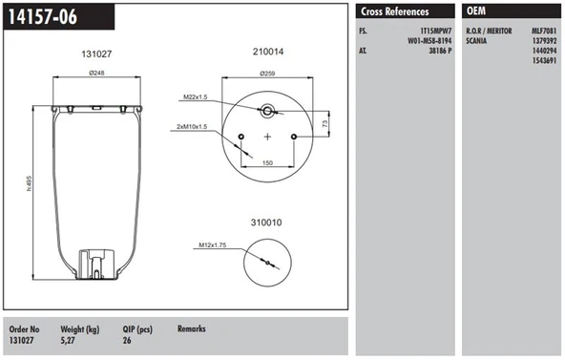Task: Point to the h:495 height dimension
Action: [x=30, y=184]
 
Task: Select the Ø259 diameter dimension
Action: [x=268, y=74]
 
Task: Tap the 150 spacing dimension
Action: [x=269, y=164]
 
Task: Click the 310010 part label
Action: [x=267, y=222]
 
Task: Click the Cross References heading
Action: [x=393, y=12]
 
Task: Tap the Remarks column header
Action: [x=192, y=328]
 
